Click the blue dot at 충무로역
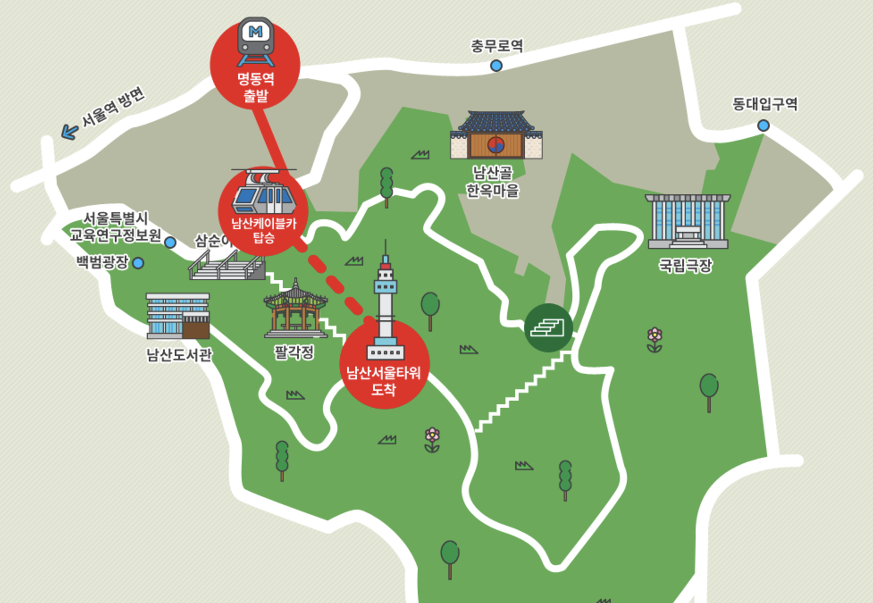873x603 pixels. tap(496, 66)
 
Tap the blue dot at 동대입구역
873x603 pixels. tap(763, 126)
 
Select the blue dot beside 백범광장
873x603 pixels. tap(139, 263)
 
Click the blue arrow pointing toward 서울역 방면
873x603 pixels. tap(69, 132)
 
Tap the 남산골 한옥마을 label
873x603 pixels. tap(492, 181)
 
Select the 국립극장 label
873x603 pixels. tap(685, 266)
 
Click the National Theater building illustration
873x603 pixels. tap(688, 221)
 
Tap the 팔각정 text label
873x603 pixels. tap(294, 352)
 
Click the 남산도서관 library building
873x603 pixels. tap(178, 316)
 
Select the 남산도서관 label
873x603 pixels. tap(179, 355)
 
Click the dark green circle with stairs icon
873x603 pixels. tap(548, 328)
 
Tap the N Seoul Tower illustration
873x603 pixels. tap(385, 304)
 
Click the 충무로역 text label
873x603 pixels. tap(496, 46)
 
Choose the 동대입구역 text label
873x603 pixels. tap(764, 104)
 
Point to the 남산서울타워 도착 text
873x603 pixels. tap(384, 381)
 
